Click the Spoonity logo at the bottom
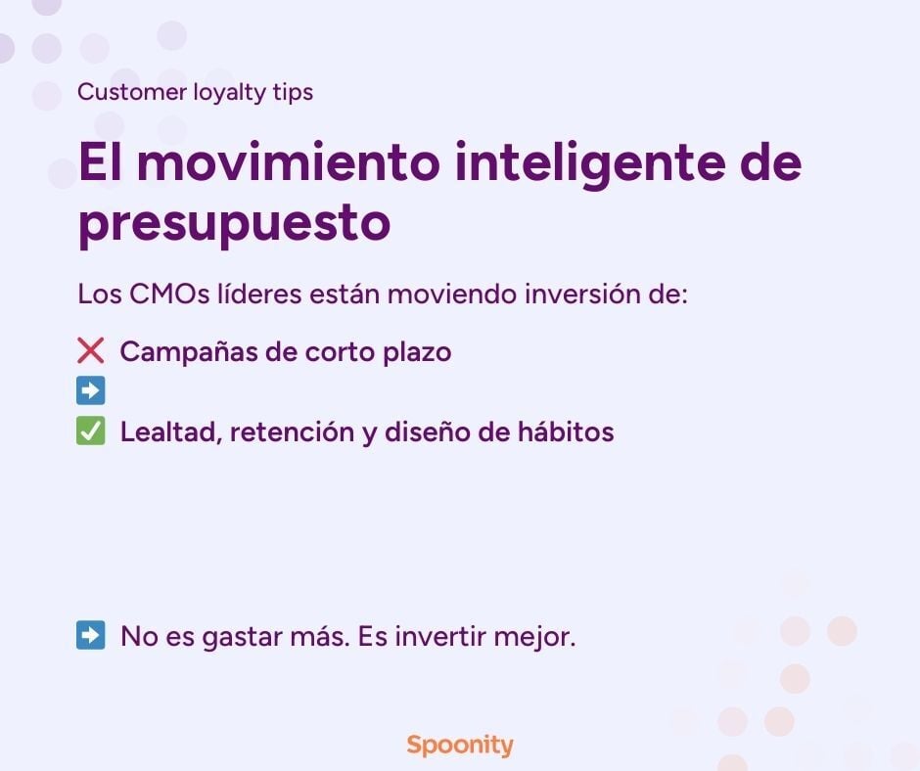pos(459,745)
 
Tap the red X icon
pos(90,351)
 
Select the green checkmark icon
pos(90,431)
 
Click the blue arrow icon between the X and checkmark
pos(90,391)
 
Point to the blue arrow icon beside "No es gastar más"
pos(90,636)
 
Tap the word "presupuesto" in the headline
pos(234,224)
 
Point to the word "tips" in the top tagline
pos(294,93)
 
